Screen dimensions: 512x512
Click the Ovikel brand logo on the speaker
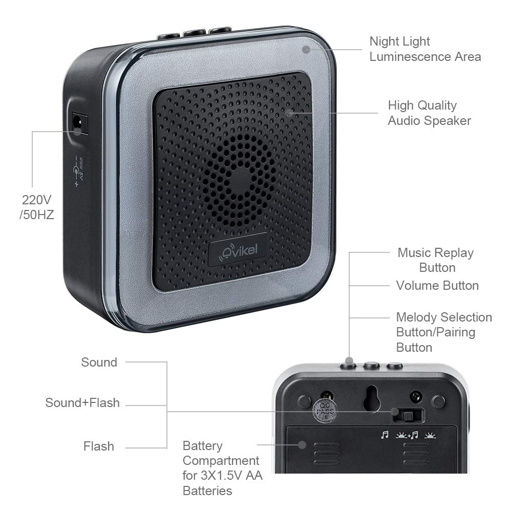click(238, 250)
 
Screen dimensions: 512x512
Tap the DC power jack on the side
click(80, 123)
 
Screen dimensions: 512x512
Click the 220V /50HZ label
click(36, 207)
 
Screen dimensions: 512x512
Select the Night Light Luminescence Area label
click(425, 49)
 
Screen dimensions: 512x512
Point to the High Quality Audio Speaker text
click(429, 113)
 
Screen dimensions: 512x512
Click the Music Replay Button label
click(436, 260)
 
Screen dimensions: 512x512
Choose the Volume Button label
click(437, 286)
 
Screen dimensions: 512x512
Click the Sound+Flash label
click(82, 402)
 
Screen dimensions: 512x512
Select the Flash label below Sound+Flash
click(99, 446)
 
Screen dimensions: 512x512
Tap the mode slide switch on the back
click(408, 416)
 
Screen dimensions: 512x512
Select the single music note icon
click(385, 435)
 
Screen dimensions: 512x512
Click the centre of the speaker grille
click(241, 181)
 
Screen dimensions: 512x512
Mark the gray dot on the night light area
click(306, 50)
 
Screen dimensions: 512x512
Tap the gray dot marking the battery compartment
click(302, 445)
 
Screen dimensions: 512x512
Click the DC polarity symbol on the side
click(78, 171)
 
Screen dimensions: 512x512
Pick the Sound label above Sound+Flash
click(99, 362)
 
